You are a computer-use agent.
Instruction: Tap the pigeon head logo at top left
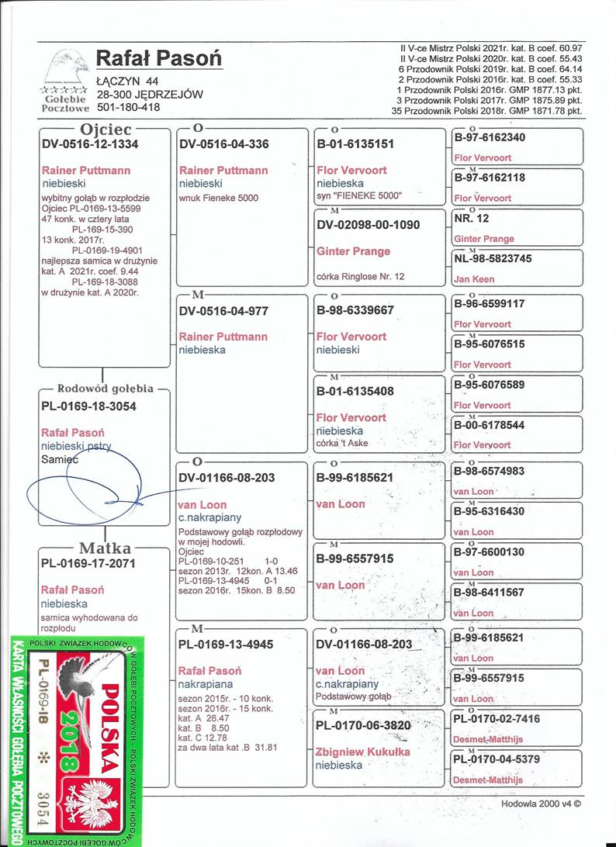point(67,65)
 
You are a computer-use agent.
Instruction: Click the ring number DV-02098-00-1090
point(369,225)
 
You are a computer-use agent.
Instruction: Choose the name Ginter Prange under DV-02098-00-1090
point(354,251)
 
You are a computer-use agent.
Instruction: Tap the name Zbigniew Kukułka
point(363,752)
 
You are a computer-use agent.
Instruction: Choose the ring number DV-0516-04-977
point(223,310)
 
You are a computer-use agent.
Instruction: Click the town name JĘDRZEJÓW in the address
point(168,95)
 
